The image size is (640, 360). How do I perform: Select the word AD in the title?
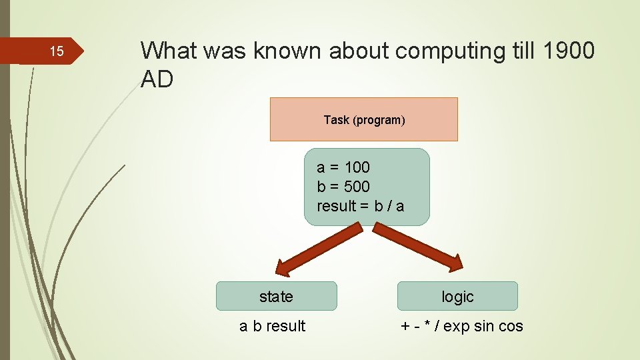157,79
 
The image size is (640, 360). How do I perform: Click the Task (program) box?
364,120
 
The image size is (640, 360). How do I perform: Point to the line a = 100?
343,167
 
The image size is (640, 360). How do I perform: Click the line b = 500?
343,187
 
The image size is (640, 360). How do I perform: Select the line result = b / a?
361,206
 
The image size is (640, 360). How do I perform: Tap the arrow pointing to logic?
417,247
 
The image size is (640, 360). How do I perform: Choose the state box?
276,297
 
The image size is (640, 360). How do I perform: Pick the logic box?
457,297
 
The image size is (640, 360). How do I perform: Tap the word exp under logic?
456,326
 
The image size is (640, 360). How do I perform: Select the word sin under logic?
485,326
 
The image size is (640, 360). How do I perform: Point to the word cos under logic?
511,326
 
